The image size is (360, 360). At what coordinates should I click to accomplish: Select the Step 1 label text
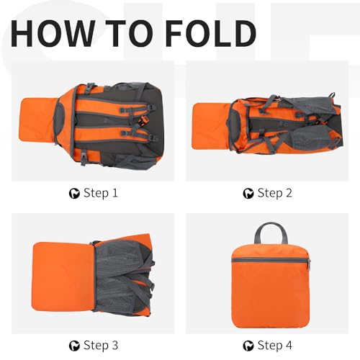pos(101,193)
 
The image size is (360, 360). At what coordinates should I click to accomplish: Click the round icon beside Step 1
pos(73,193)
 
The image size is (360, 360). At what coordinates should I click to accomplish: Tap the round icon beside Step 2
pos(248,193)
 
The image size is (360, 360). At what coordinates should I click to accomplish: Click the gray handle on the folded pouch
pos(271,233)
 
